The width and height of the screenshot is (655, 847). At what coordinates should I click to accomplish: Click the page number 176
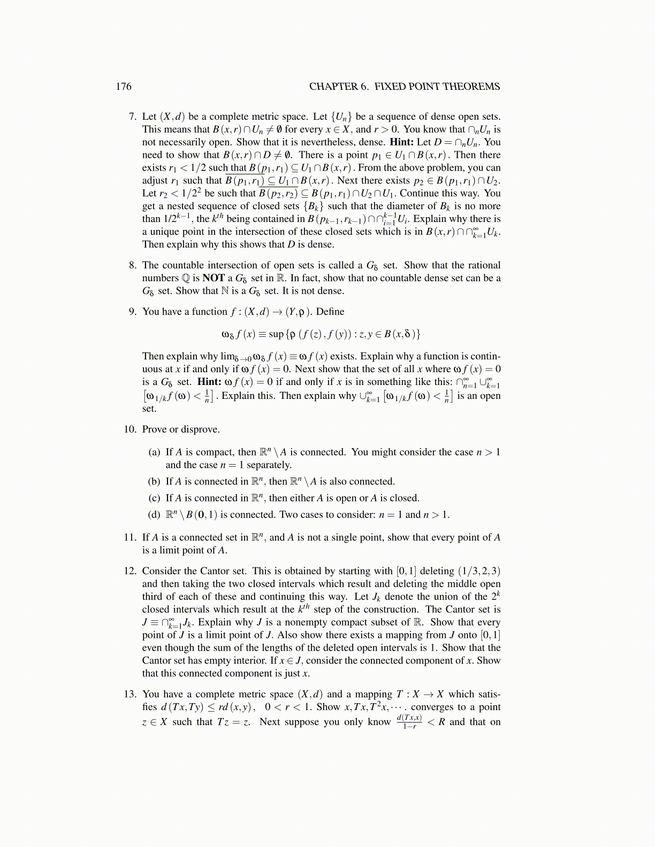(x=124, y=87)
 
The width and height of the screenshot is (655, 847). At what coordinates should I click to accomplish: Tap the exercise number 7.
(x=133, y=117)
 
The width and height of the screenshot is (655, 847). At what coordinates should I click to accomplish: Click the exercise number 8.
(x=133, y=265)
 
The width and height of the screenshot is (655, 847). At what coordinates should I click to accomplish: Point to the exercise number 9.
(x=133, y=312)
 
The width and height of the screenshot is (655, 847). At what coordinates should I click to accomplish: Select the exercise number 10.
(x=131, y=429)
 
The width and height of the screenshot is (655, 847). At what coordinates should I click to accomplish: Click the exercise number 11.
(x=131, y=537)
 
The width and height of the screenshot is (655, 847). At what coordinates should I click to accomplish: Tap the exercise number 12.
(x=131, y=571)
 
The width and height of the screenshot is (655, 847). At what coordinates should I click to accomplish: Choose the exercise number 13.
(x=131, y=694)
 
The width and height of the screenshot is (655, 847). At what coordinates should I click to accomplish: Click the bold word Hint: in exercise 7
(x=401, y=142)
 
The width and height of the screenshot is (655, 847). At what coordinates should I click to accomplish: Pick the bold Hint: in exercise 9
(x=209, y=382)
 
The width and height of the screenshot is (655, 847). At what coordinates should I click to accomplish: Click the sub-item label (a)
(x=154, y=452)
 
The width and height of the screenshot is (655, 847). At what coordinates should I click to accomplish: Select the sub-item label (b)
(x=154, y=482)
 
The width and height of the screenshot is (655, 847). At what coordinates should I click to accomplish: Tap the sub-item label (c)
(x=154, y=498)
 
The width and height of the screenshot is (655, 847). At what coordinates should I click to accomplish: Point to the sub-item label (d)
(x=154, y=515)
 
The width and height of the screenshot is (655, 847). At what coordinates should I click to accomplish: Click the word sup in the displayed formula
(x=276, y=334)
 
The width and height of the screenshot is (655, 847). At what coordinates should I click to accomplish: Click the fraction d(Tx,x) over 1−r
(x=409, y=722)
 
